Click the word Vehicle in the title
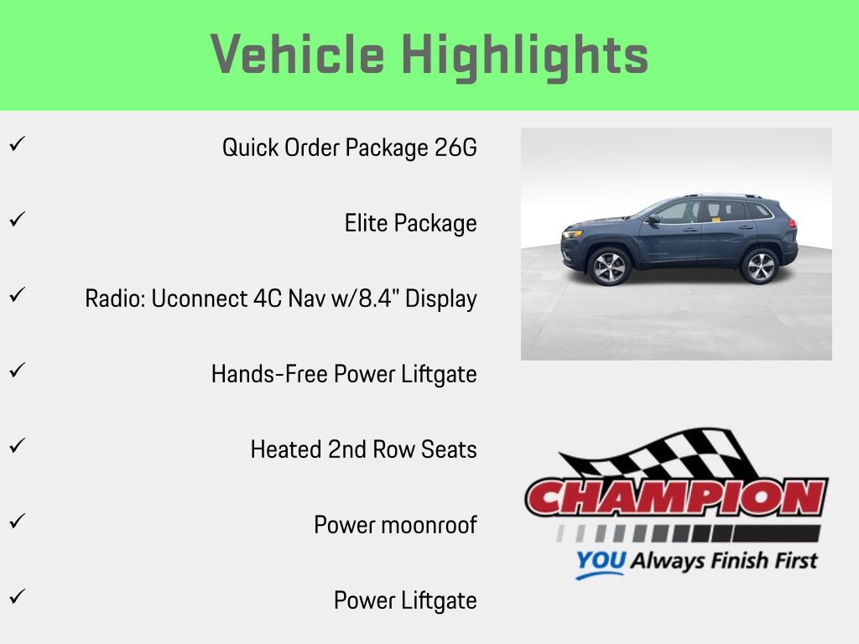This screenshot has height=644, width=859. pyautogui.click(x=298, y=55)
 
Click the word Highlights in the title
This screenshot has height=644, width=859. pyautogui.click(x=525, y=55)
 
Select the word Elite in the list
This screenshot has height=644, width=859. pyautogui.click(x=367, y=223)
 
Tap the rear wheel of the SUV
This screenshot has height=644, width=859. pyautogui.click(x=759, y=267)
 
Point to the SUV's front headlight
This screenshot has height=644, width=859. pyautogui.click(x=572, y=234)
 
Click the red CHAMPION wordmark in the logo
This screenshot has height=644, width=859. pyautogui.click(x=676, y=498)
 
